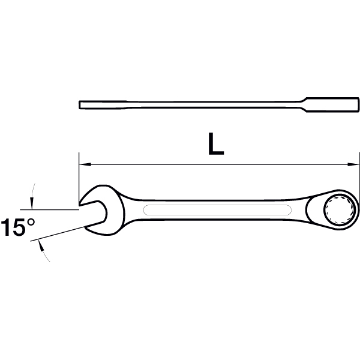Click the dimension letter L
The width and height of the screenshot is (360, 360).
click(x=215, y=144)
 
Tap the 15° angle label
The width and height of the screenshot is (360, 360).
click(x=18, y=227)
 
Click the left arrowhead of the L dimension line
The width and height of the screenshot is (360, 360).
click(x=85, y=164)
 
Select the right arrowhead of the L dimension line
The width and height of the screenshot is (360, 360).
click(x=353, y=164)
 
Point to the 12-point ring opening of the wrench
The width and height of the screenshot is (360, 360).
click(x=339, y=209)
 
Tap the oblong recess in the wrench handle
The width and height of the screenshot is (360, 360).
click(x=217, y=210)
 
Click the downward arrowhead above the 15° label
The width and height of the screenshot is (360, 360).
click(x=32, y=203)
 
